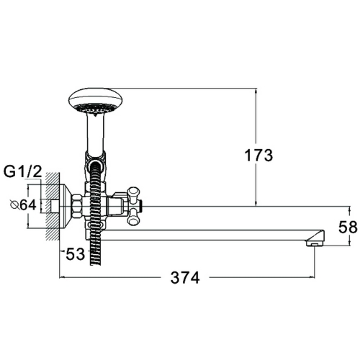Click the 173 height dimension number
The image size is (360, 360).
[258, 156]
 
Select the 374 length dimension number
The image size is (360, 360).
[185, 278]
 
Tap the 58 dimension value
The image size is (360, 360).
[348, 227]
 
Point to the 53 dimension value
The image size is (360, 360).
[76, 254]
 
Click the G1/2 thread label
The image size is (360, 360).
[23, 172]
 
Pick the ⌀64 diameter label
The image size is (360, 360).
[23, 205]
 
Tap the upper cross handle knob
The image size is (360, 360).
[134, 193]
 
